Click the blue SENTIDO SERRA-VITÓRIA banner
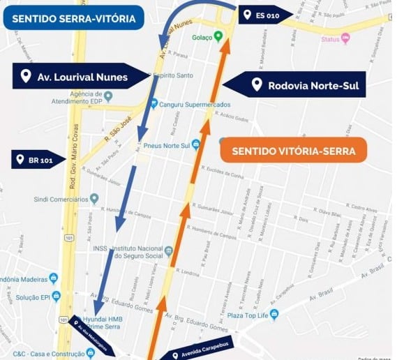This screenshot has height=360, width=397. coord(73,17)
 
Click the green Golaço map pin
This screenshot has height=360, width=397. coord(218,36)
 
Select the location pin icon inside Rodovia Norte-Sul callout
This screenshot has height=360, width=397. coord(257,85)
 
